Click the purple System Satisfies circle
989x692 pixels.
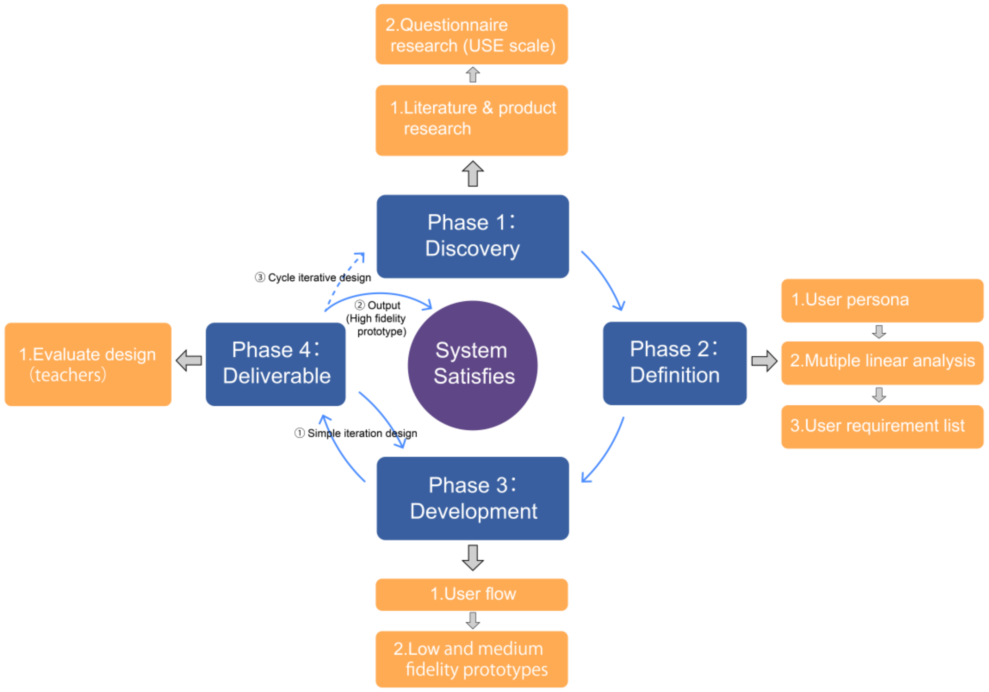(472, 365)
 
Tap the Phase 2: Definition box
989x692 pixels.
(675, 363)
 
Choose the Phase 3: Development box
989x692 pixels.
(472, 498)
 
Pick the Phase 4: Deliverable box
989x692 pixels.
(276, 364)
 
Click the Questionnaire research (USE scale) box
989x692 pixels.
(472, 34)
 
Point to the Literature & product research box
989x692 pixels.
(472, 120)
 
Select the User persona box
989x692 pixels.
(882, 300)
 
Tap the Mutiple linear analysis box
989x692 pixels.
(882, 363)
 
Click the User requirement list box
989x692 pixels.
(882, 426)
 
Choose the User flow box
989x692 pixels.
(472, 594)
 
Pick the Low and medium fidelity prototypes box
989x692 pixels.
(472, 659)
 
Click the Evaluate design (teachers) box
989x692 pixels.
(88, 364)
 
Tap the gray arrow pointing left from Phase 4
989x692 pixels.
(189, 360)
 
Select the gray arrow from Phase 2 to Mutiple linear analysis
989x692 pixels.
(764, 361)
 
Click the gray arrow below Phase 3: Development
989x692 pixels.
(472, 558)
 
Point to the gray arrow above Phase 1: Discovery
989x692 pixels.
(472, 174)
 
